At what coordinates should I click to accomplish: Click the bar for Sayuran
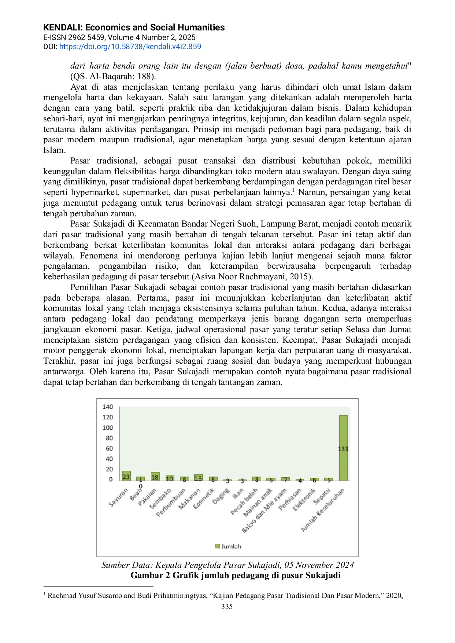coord(126,476)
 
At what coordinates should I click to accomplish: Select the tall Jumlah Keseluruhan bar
coord(343,448)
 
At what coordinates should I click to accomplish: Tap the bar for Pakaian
coord(155,476)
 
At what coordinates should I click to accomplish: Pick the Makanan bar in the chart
coord(198,478)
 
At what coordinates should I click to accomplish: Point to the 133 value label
coord(343,449)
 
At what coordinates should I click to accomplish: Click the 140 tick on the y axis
coord(108,407)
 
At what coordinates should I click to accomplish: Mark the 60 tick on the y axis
coord(109,448)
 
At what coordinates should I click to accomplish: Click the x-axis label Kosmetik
coord(204,499)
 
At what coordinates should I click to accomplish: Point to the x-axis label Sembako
coord(160,498)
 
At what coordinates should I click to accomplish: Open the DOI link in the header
coord(130,47)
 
